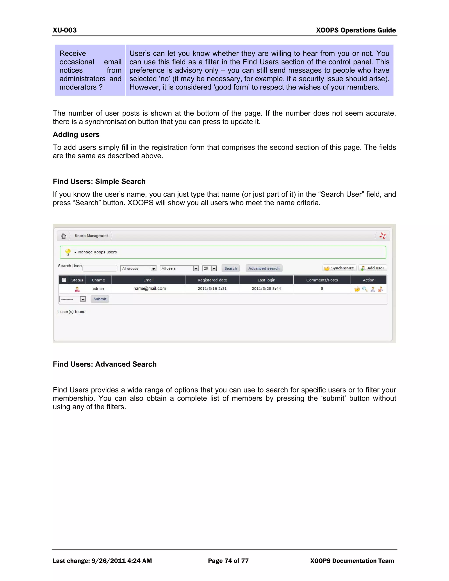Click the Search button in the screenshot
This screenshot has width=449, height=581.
(x=230, y=268)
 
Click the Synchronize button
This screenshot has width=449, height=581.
(x=339, y=268)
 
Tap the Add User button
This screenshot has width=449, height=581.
(x=372, y=268)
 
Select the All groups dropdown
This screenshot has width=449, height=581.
(x=138, y=268)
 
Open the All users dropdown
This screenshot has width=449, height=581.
(x=180, y=268)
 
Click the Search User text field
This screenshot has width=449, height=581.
(x=100, y=268)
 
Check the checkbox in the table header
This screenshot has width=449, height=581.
(x=64, y=280)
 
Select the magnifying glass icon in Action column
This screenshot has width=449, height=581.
(x=365, y=289)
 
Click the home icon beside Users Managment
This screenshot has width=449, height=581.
(x=63, y=236)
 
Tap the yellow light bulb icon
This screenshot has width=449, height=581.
(x=68, y=252)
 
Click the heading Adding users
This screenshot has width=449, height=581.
(x=76, y=134)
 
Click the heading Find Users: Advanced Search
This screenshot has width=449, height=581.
(x=105, y=364)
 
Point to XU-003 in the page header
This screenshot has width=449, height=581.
(x=65, y=30)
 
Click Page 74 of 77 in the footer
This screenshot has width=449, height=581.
(x=228, y=561)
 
